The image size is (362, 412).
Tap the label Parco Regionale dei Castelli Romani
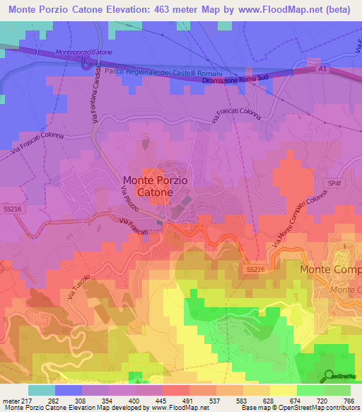pos(163,74)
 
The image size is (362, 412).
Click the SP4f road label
pos(334,183)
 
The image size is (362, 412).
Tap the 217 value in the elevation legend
pos(27,400)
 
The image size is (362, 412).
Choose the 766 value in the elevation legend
pos(346,400)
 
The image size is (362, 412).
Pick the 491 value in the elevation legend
pos(187,400)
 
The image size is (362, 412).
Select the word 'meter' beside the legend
pos(10,400)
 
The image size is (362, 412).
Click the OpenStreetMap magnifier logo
pos(329,376)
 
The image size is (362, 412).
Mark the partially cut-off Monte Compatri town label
pos(331,270)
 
